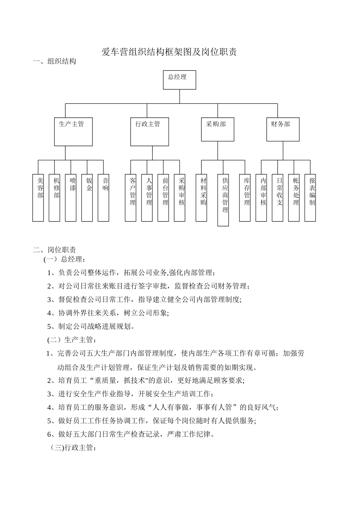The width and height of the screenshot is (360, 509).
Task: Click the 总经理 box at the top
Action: click(179, 80)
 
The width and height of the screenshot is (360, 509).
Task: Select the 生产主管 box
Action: click(73, 131)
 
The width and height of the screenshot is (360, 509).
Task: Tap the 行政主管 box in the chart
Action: click(149, 131)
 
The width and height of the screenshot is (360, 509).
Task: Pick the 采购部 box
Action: click(217, 129)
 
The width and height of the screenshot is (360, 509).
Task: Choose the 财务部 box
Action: click(283, 129)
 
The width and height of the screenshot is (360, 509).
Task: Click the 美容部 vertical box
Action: click(38, 197)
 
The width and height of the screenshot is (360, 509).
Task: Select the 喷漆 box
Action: click(70, 197)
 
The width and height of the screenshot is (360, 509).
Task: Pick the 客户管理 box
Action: click(131, 197)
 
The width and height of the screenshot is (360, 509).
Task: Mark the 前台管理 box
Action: click(163, 197)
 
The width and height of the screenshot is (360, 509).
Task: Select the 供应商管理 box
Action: click(223, 200)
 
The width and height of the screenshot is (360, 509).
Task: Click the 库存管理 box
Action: click(245, 197)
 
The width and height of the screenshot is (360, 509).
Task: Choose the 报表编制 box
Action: click(310, 197)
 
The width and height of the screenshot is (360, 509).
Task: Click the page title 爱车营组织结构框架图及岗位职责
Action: click(169, 52)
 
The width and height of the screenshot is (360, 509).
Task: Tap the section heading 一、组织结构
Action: click(55, 61)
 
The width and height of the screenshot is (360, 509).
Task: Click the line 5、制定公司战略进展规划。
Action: click(91, 326)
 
